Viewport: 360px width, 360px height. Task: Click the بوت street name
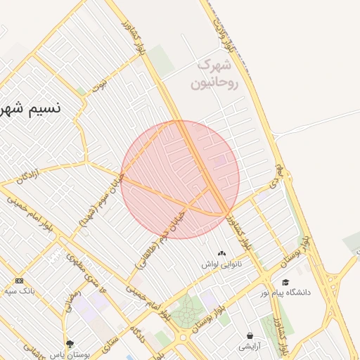point(103,84)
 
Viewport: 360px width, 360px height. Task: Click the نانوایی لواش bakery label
point(222,265)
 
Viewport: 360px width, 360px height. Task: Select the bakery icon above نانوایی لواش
point(222,253)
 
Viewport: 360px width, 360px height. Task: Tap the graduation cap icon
point(285,282)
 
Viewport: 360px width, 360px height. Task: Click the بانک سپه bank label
point(19,290)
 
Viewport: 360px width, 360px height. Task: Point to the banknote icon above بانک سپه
point(19,281)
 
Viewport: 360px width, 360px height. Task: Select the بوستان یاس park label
point(70,354)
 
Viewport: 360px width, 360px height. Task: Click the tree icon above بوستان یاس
point(70,344)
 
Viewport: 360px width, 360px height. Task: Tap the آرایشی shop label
point(250,346)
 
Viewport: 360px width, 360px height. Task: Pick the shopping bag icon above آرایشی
point(250,335)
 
